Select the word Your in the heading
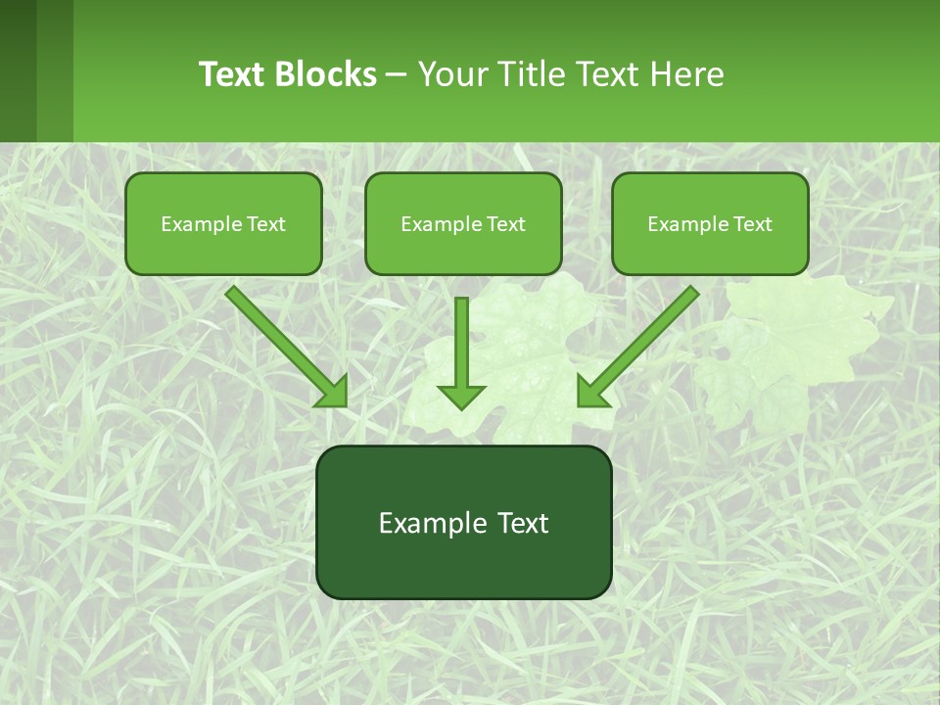pyautogui.click(x=452, y=74)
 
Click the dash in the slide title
pyautogui.click(x=397, y=75)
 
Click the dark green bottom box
pyautogui.click(x=463, y=568)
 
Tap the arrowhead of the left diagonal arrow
pyautogui.click(x=333, y=392)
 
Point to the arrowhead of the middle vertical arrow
pyautogui.click(x=461, y=397)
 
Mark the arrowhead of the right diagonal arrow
pyautogui.click(x=591, y=392)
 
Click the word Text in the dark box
pyautogui.click(x=523, y=523)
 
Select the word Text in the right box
pyautogui.click(x=752, y=224)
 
